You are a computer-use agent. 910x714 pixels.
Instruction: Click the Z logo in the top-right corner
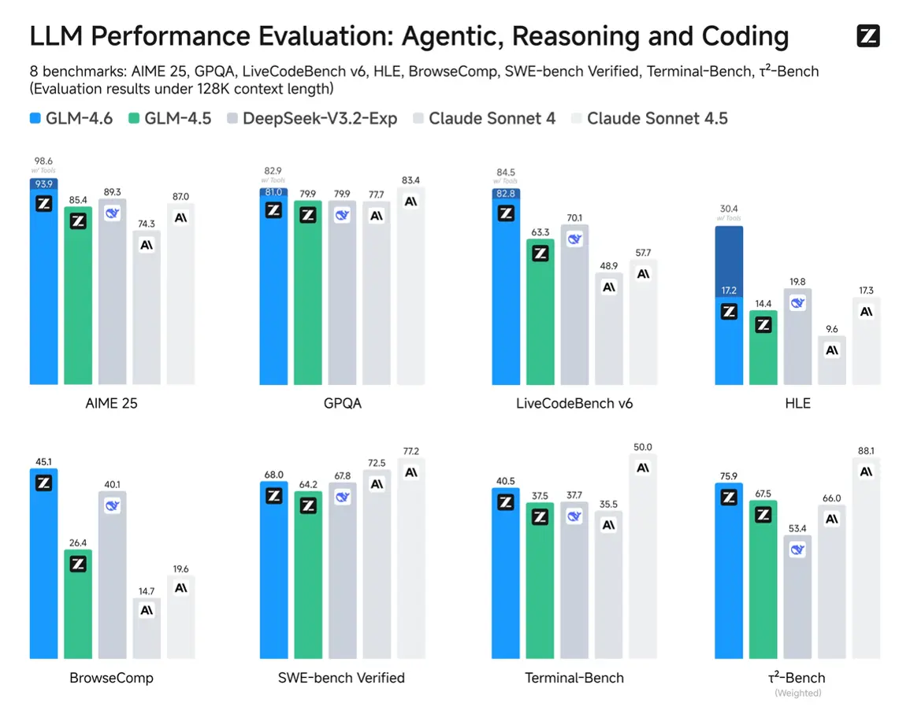click(x=867, y=35)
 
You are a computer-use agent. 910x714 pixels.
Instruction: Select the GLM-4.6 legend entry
click(x=71, y=119)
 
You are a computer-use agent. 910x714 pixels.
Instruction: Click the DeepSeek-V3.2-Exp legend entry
click(x=312, y=119)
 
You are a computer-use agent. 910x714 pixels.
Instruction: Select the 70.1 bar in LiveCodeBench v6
click(x=574, y=307)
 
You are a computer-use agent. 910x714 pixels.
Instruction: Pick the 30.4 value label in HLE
click(x=729, y=209)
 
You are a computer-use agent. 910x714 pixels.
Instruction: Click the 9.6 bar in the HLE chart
click(x=832, y=362)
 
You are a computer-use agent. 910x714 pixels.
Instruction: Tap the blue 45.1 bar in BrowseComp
click(x=43, y=567)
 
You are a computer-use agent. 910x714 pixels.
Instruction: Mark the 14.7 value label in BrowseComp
click(x=147, y=590)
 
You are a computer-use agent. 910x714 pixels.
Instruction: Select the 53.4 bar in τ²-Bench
click(x=797, y=598)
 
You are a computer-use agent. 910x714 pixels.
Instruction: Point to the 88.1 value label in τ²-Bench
click(x=867, y=451)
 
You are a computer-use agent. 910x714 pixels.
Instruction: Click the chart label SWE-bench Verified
click(x=341, y=678)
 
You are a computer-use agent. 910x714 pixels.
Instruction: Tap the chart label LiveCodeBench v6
click(x=574, y=404)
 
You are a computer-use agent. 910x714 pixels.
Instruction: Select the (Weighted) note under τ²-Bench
click(x=797, y=693)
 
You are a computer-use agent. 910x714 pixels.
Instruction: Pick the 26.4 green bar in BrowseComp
click(x=78, y=606)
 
